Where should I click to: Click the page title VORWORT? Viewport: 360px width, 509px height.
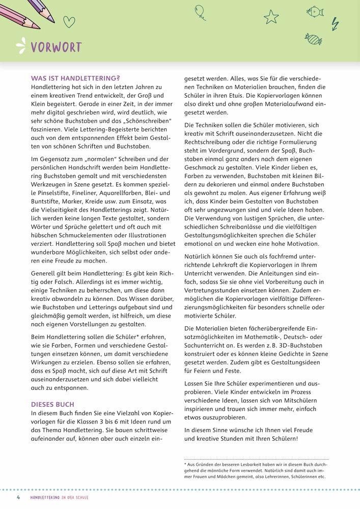[x=56, y=48]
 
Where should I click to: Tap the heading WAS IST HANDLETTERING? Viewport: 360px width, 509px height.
[x=75, y=78]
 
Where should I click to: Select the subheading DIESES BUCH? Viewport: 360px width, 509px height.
[x=52, y=404]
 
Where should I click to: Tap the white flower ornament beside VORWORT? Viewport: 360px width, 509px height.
[x=21, y=46]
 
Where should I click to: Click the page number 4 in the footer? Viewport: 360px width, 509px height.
[x=18, y=496]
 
